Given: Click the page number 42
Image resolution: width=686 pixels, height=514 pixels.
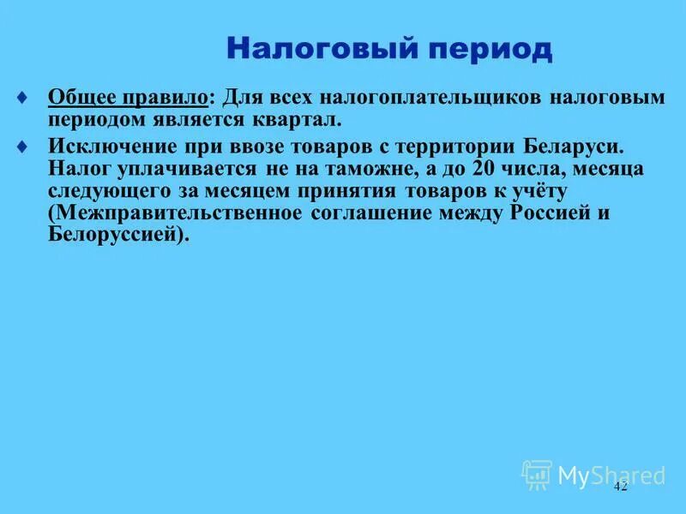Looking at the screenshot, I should [621, 486].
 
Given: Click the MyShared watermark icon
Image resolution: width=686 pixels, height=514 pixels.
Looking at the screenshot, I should [537, 475].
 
